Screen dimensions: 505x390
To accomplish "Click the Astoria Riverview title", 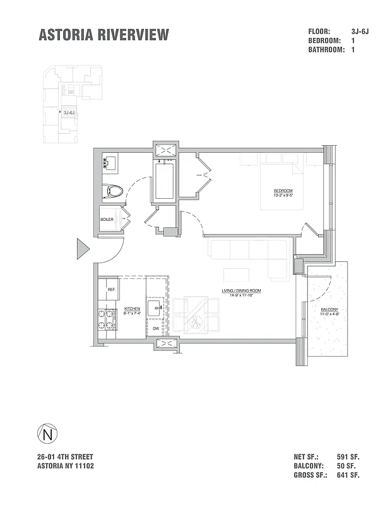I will coord(104,35).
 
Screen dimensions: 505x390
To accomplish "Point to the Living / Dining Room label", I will coord(241,292).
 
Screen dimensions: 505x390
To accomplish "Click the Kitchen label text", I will coord(133,311).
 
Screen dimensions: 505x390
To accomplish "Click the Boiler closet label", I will coord(107,220).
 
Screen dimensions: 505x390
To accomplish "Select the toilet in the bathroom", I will coord(114,189).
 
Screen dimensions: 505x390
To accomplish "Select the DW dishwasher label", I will coord(155,329).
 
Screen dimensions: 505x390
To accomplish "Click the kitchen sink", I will coord(155,309).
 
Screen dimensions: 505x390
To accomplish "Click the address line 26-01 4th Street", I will coord(66,456).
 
